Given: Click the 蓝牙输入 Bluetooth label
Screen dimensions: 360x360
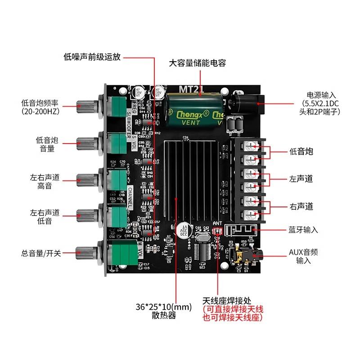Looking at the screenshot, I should point(303,229).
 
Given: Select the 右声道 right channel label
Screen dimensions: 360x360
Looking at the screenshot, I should point(301,207).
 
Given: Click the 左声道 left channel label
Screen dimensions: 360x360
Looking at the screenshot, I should point(301,179).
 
